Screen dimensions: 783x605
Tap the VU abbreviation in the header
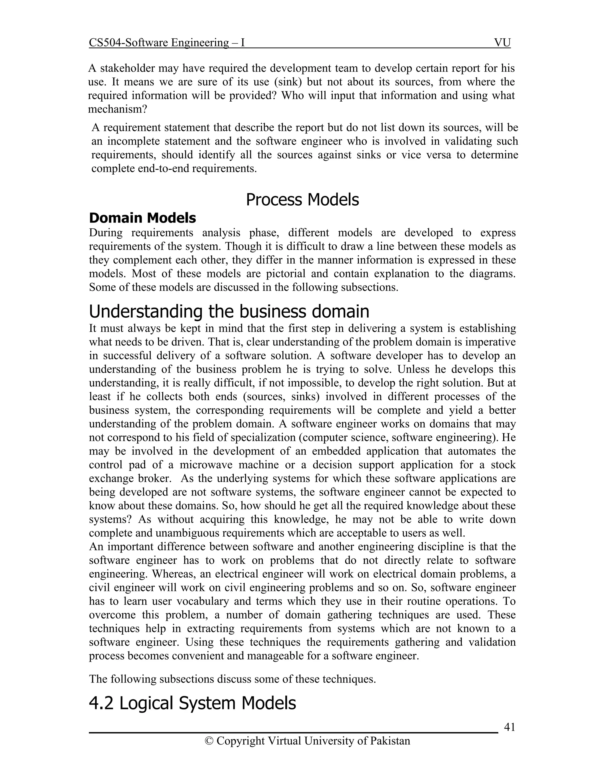(x=502, y=43)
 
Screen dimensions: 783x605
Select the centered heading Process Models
(x=302, y=200)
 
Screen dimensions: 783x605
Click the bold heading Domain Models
(x=142, y=218)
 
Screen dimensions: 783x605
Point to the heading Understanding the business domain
(x=229, y=311)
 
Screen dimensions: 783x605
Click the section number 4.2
(x=101, y=703)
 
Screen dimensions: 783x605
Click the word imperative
(x=492, y=342)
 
